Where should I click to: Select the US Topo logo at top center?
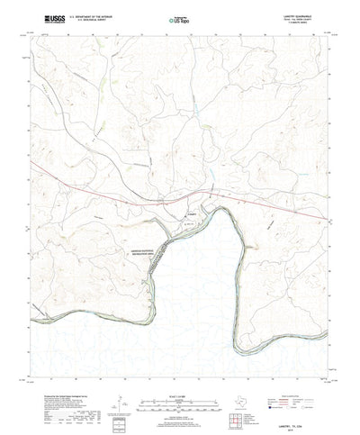click(x=179, y=18)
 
